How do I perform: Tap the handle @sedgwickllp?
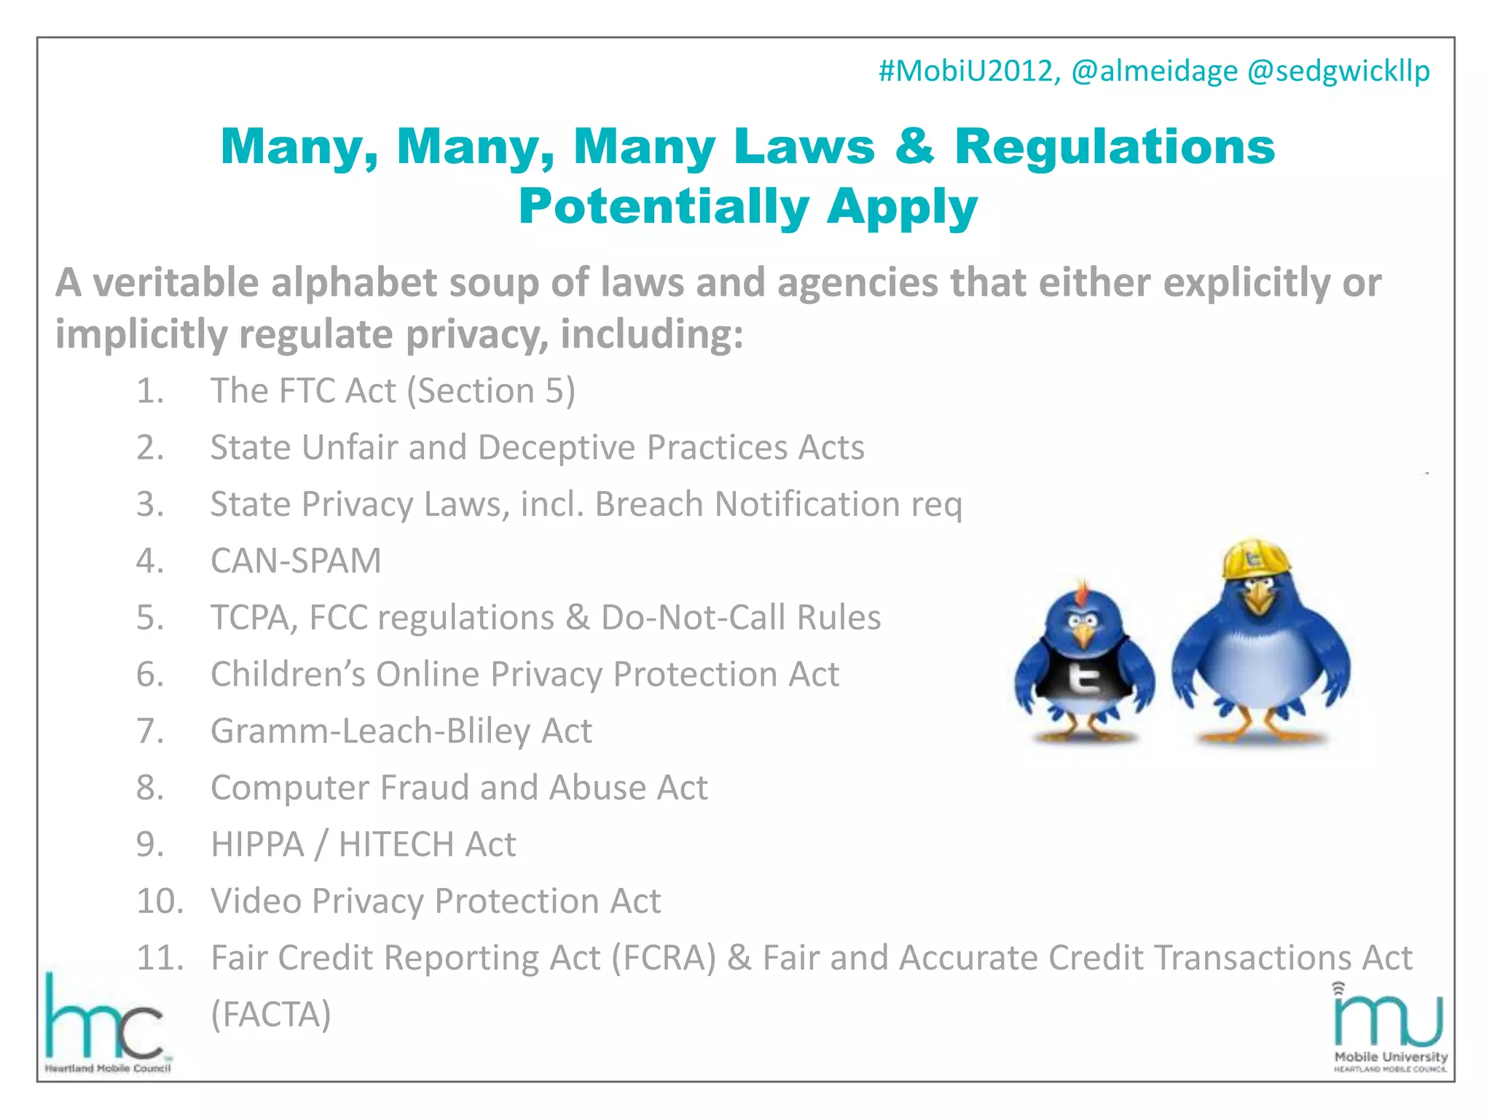[x=1338, y=71]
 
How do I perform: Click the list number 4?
[x=150, y=561]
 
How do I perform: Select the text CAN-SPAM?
[x=296, y=561]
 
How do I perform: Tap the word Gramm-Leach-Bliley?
[x=370, y=731]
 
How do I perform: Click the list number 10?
[x=160, y=901]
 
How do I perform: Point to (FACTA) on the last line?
[x=270, y=1014]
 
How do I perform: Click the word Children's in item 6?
[x=287, y=675]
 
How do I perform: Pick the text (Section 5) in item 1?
[x=490, y=391]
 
